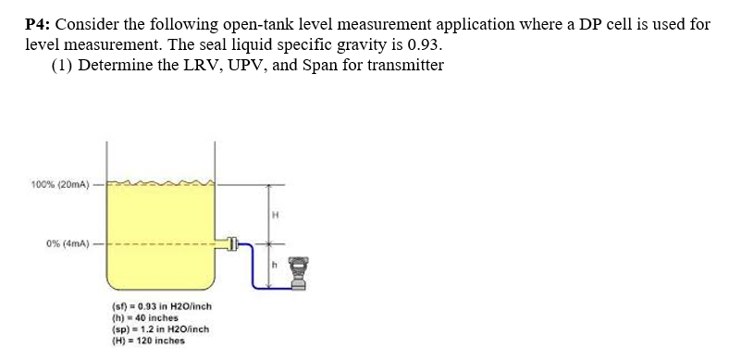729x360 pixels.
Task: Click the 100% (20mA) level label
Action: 58,184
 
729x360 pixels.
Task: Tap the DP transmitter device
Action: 297,275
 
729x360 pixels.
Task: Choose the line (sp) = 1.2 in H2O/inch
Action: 162,329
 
